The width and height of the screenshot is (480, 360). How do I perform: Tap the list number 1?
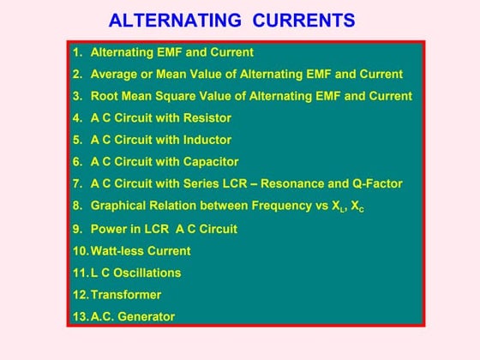(x=76, y=52)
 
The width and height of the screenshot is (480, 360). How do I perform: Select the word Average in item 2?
(x=114, y=75)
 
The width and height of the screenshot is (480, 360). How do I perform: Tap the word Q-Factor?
(x=377, y=183)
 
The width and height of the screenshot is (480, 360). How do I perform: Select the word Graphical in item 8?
(x=119, y=206)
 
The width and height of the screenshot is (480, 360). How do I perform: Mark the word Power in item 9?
(x=108, y=229)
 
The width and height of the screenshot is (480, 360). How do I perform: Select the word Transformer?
(x=125, y=295)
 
